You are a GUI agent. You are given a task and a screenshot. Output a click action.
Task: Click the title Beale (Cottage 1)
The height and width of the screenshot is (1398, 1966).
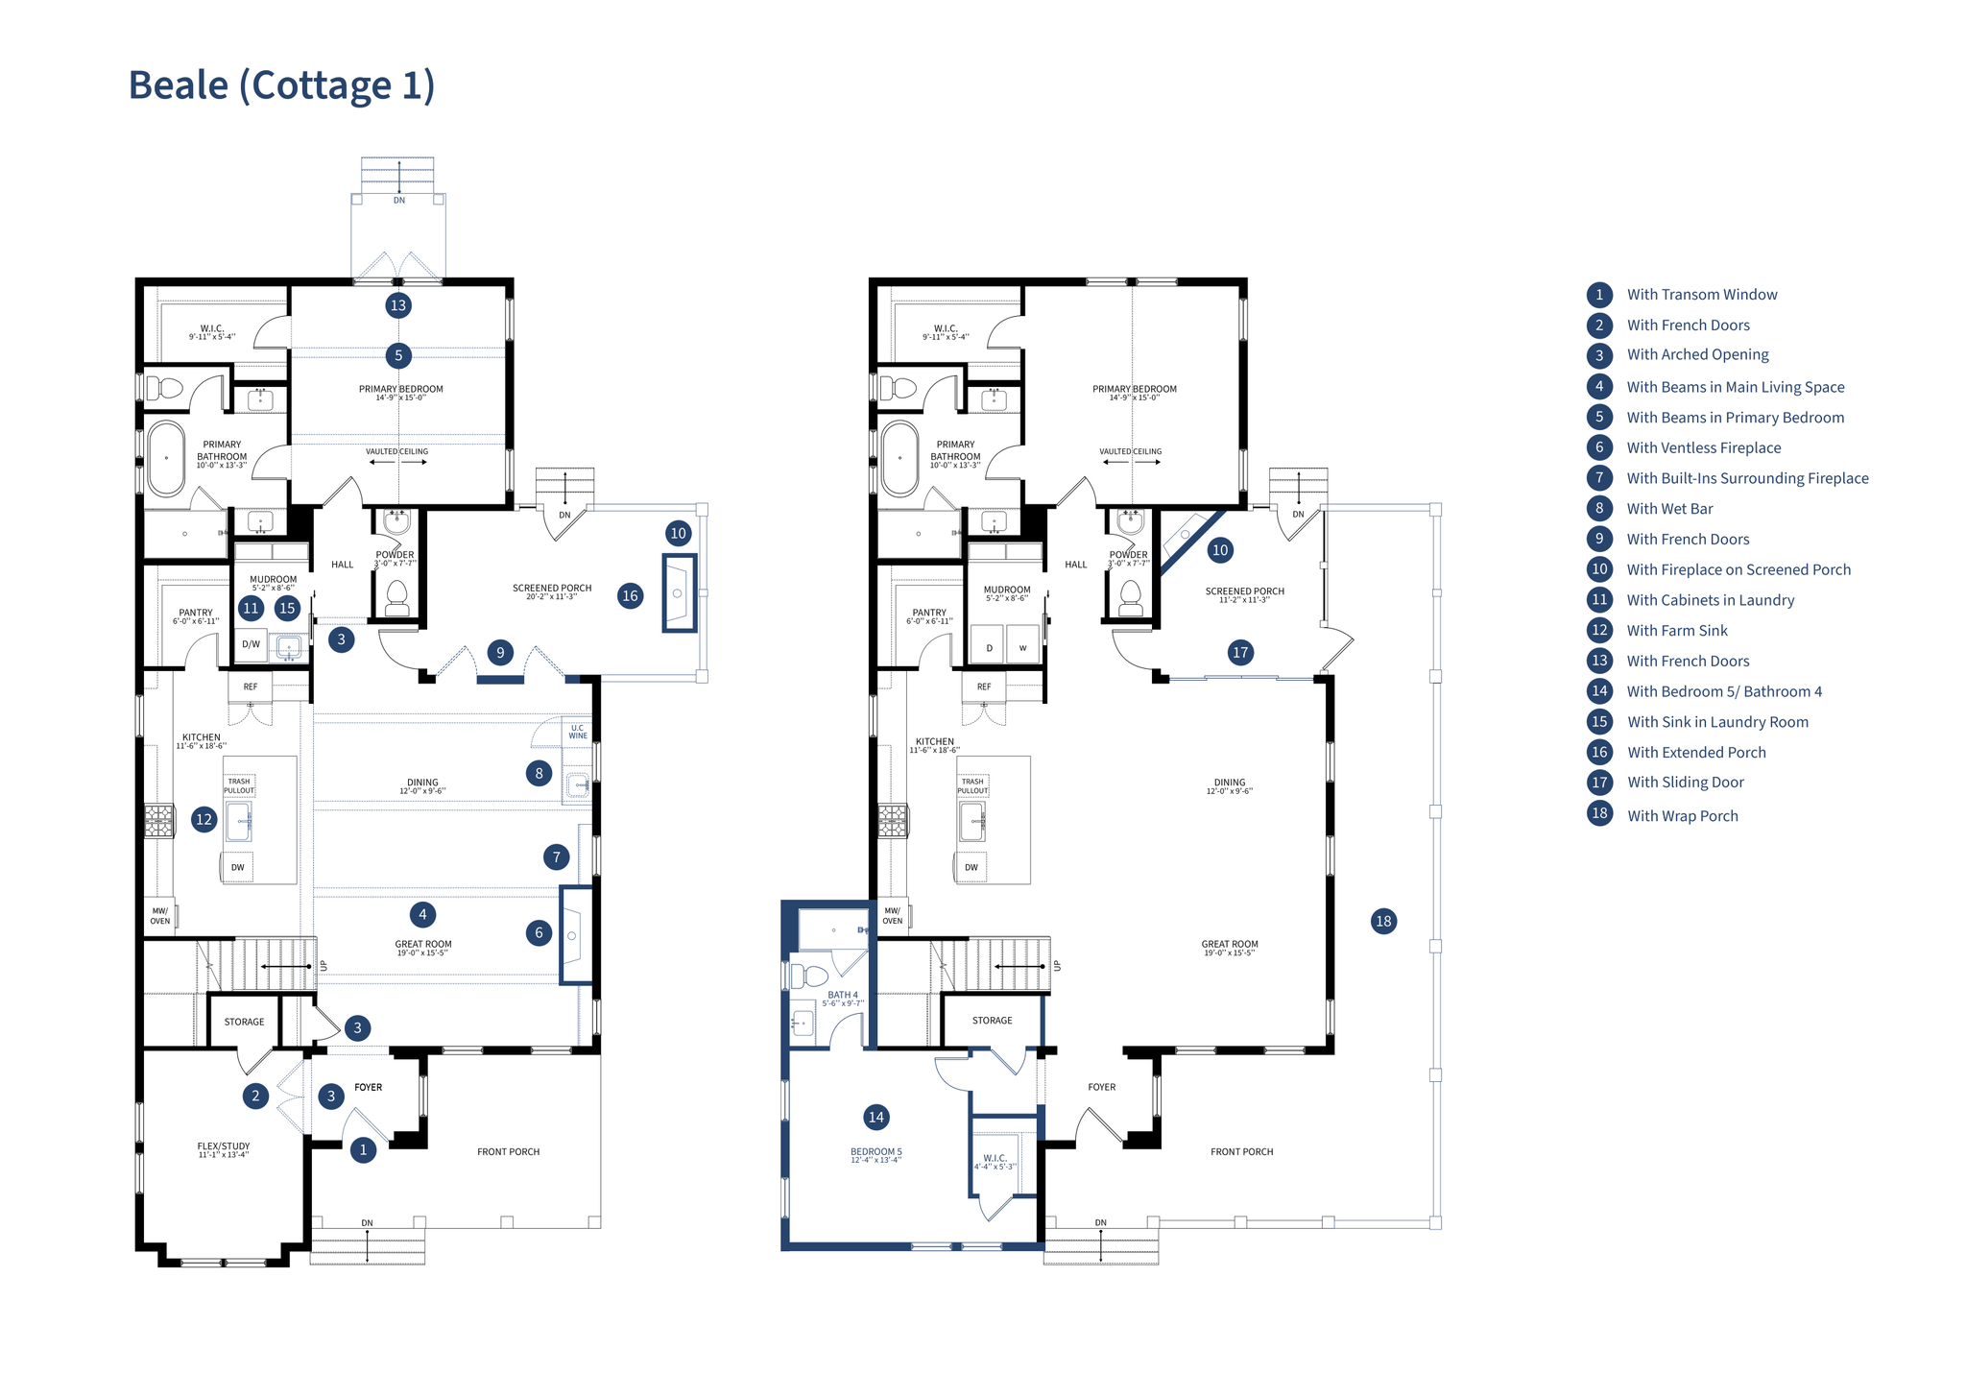(281, 84)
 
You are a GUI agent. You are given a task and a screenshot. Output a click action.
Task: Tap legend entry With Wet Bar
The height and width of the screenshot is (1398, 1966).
(1669, 509)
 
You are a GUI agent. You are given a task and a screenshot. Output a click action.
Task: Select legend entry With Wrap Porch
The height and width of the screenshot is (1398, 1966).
(1682, 816)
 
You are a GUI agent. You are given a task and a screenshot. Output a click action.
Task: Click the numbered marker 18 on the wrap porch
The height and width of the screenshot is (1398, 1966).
(1383, 922)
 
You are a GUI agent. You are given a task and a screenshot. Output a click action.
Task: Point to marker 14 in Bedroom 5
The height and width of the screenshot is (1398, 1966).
(875, 1117)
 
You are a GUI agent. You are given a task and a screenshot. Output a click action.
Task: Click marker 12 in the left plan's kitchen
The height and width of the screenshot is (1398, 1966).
(204, 819)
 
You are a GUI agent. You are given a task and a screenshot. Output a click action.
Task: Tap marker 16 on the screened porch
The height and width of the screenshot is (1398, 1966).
(630, 595)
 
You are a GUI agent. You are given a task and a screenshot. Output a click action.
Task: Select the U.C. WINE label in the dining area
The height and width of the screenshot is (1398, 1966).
(578, 732)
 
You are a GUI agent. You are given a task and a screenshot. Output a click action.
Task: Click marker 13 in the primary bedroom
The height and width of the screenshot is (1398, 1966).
(397, 305)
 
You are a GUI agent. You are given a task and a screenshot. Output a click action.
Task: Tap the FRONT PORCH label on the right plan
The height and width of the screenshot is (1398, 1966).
(1241, 1151)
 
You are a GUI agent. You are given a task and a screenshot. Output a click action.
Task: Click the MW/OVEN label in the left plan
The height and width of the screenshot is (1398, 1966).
(160, 916)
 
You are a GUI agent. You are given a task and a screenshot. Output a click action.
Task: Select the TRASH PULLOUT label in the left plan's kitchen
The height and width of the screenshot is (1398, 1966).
(239, 785)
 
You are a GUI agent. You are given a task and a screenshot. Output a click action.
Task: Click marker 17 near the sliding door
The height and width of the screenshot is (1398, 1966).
(1240, 653)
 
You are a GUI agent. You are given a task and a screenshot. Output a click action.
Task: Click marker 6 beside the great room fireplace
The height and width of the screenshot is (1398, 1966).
(539, 932)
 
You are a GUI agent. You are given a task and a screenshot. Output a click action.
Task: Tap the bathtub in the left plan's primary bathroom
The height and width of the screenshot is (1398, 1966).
(166, 458)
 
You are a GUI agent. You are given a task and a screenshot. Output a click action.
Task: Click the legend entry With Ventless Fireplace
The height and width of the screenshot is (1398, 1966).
(1703, 448)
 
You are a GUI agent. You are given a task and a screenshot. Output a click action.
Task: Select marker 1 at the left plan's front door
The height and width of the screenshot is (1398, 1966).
(363, 1149)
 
